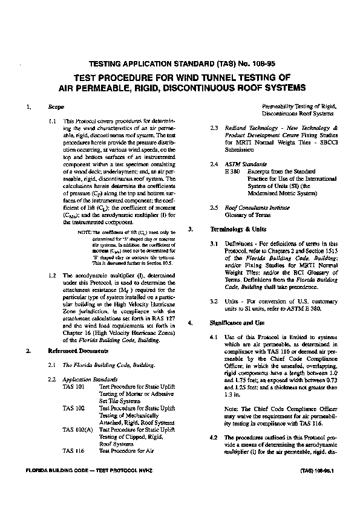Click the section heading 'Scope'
(x=56, y=106)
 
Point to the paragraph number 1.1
(x=52, y=122)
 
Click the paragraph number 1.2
(x=52, y=274)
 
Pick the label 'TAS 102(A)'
(x=77, y=429)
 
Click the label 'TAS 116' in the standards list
(x=74, y=450)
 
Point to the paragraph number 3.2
(x=214, y=300)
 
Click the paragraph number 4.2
(x=213, y=436)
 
